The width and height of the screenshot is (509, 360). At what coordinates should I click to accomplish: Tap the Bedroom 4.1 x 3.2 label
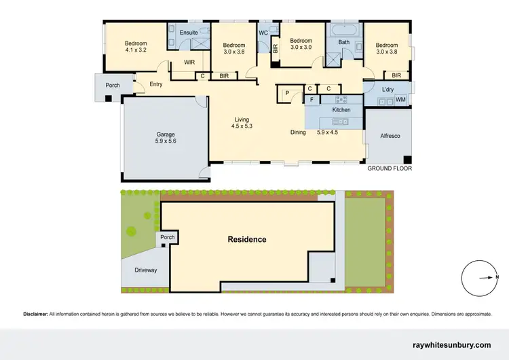click(136, 47)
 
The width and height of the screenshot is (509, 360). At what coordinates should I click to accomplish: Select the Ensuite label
click(188, 32)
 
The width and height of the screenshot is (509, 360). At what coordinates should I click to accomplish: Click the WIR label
click(190, 62)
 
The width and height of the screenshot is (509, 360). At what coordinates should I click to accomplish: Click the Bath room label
click(344, 42)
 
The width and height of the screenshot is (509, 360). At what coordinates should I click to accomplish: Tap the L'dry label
click(388, 90)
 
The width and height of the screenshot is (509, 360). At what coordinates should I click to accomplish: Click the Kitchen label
click(341, 109)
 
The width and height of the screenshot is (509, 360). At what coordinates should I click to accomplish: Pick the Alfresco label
click(389, 137)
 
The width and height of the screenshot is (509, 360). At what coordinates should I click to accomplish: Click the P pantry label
click(287, 93)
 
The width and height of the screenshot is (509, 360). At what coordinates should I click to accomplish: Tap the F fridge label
click(312, 101)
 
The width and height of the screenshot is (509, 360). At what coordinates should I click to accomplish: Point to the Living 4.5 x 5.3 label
click(241, 123)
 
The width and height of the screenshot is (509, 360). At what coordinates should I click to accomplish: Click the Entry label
click(156, 84)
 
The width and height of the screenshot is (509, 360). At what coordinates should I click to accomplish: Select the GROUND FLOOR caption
click(390, 168)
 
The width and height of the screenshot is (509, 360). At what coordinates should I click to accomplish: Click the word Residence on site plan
click(247, 239)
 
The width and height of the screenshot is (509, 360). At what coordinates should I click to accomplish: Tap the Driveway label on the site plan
click(145, 270)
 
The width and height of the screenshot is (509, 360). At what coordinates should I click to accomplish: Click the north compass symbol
click(480, 277)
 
